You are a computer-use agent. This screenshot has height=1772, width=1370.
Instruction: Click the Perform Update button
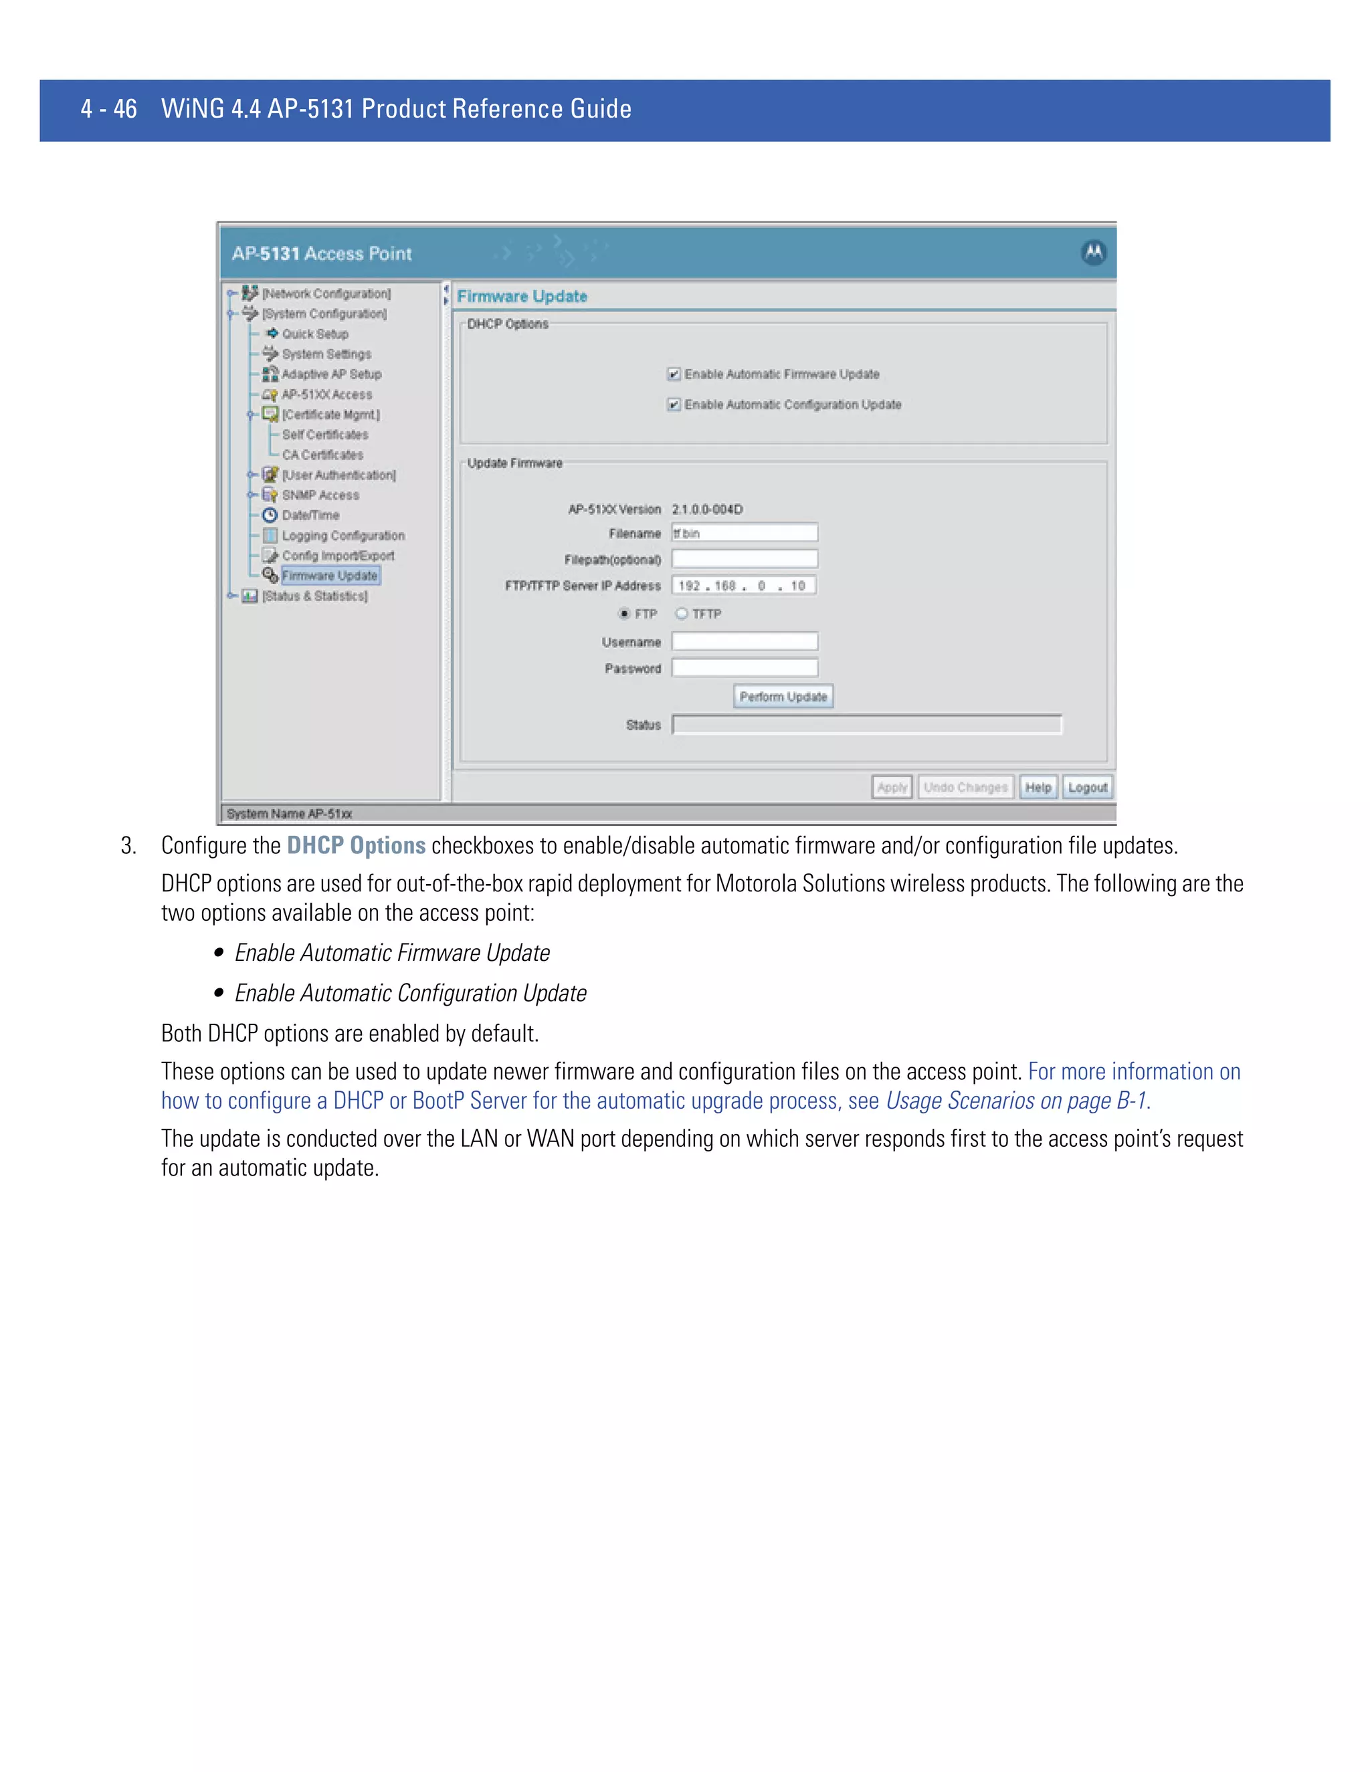tap(783, 696)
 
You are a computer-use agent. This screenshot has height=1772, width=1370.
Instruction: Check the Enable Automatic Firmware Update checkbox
tap(674, 374)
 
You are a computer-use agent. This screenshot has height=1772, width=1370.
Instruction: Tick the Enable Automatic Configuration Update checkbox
tap(674, 404)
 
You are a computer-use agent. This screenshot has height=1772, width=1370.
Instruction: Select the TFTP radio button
tap(682, 613)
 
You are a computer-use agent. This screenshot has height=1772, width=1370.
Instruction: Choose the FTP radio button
tap(624, 613)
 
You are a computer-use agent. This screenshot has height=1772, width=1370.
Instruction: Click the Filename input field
tap(745, 533)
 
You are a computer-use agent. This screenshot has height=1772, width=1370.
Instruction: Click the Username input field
tap(745, 642)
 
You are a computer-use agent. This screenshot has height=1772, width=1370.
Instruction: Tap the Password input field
tap(745, 668)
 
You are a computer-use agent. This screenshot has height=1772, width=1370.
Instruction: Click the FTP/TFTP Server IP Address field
tap(743, 586)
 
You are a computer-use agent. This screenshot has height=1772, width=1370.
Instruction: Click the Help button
tap(1038, 787)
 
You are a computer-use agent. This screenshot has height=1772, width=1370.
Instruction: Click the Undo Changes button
tap(965, 787)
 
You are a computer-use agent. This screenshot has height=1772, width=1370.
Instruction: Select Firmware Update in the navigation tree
tap(330, 575)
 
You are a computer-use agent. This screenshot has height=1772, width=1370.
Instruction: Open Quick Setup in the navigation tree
tap(315, 334)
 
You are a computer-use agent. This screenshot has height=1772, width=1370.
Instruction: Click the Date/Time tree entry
tap(310, 515)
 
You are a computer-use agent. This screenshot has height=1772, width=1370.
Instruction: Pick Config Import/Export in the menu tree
tap(338, 556)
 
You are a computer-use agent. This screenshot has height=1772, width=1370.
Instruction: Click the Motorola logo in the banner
tap(1093, 253)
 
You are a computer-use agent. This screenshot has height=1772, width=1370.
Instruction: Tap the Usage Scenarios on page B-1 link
tap(1016, 1101)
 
